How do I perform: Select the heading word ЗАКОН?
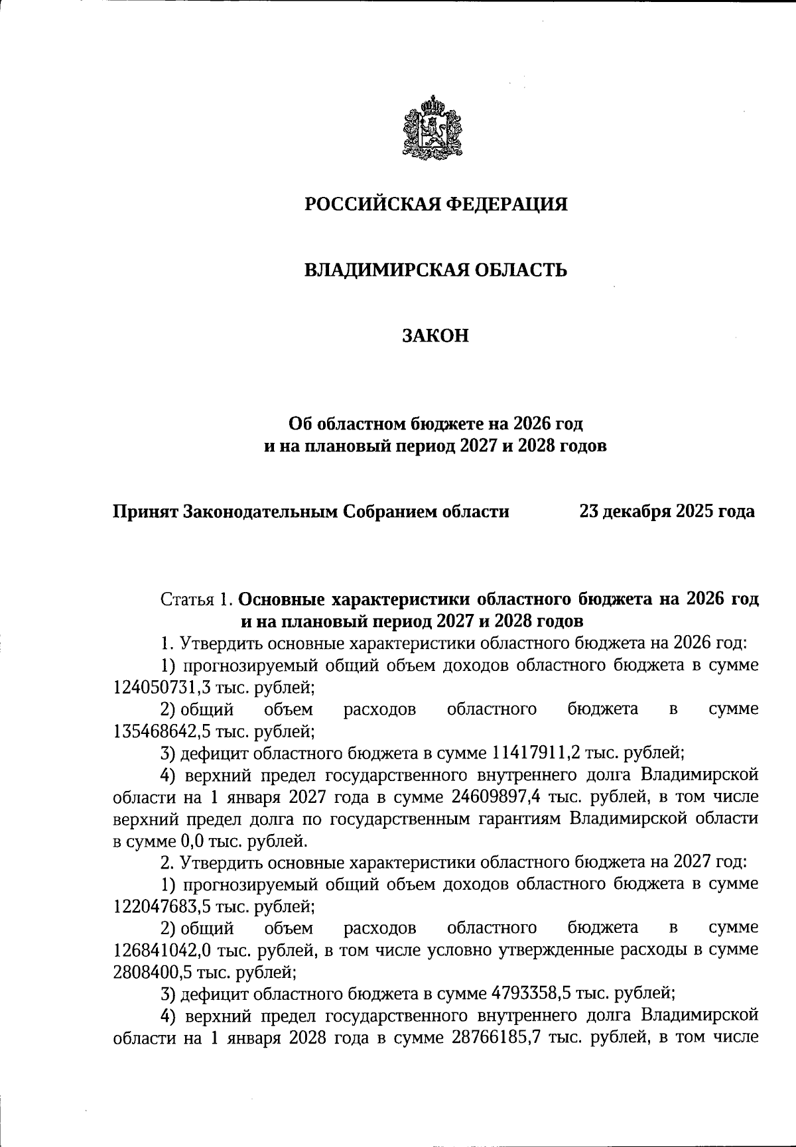435,335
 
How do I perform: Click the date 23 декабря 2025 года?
666,511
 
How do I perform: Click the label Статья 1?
196,599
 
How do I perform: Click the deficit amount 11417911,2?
538,753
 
